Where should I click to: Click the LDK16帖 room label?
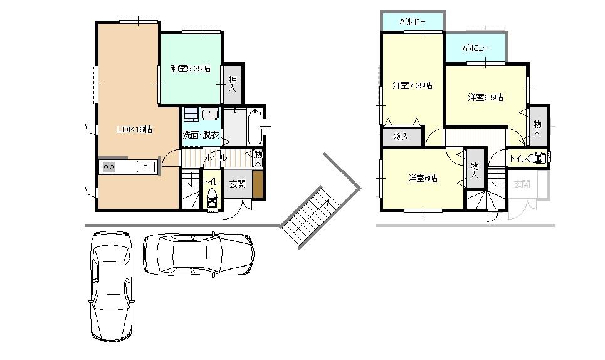point(135,130)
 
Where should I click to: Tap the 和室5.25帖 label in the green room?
point(191,68)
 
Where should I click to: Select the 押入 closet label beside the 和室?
point(233,84)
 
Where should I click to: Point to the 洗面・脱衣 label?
point(201,135)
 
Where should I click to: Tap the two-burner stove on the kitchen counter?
point(109,167)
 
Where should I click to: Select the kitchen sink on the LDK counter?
point(145,167)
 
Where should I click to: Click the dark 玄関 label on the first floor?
point(237,184)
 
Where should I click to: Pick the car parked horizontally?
point(198,254)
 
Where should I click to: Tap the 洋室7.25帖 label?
point(412,86)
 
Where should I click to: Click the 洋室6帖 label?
point(423,179)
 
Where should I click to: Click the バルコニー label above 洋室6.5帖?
point(475,48)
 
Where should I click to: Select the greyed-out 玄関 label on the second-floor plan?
point(522,184)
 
